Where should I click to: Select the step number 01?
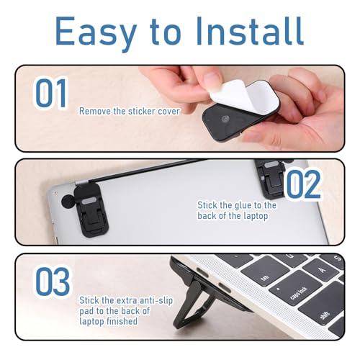coord(51,93)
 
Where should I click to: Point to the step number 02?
coord(303,184)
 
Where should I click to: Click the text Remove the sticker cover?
coord(130,112)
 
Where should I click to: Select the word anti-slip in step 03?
coord(156,300)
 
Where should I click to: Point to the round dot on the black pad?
coord(225,119)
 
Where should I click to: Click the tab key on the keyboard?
coord(265,271)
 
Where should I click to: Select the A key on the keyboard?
coord(323,270)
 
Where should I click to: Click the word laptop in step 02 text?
coord(256,216)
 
